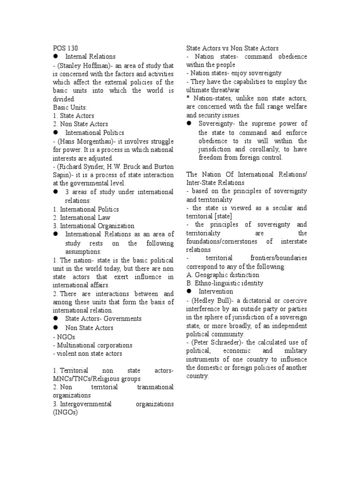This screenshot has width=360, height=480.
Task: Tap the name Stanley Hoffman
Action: [x=83, y=65]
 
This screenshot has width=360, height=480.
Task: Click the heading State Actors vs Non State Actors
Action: [x=232, y=48]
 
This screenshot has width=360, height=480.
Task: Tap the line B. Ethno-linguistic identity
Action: [x=225, y=283]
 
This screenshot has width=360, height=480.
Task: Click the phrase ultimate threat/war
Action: [x=211, y=90]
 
